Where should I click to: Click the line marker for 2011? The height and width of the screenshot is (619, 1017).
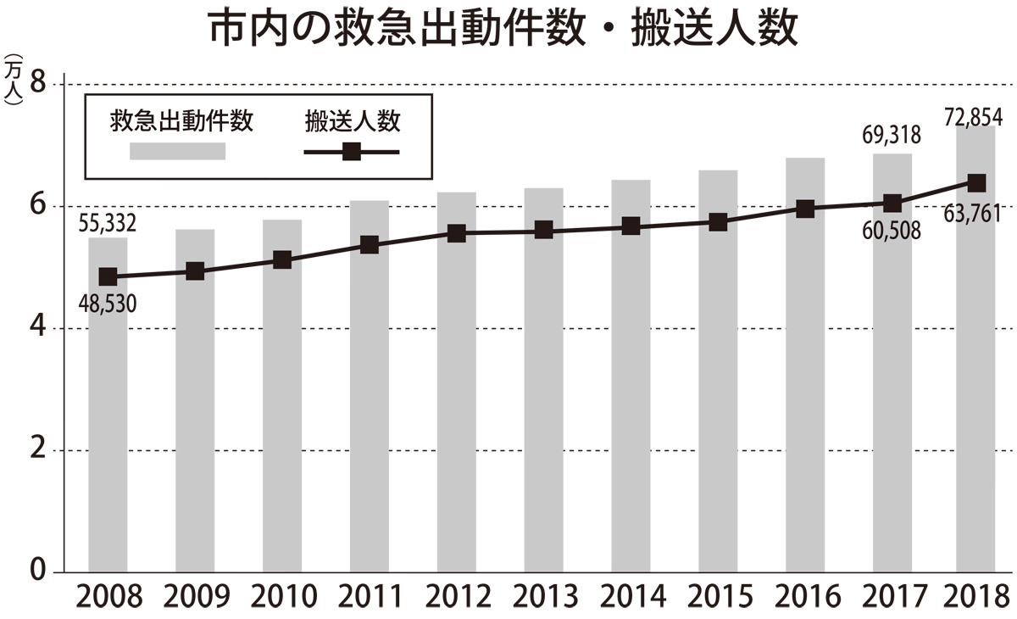tap(369, 245)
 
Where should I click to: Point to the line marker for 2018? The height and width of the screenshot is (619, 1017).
tap(976, 183)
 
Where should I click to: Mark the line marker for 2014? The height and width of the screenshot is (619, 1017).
tap(631, 226)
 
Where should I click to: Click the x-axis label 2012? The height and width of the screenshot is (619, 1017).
tap(457, 595)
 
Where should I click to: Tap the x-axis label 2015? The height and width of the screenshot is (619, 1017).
tap(718, 595)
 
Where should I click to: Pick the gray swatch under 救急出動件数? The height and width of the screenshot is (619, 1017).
tap(177, 152)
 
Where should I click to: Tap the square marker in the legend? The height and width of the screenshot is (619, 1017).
tap(352, 153)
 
